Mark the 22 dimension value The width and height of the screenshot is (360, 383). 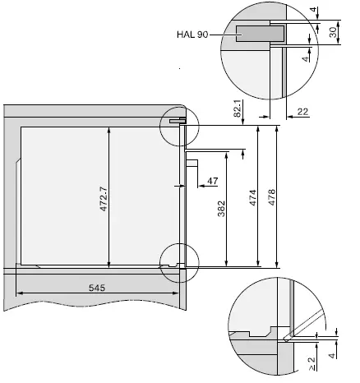coord(302,112)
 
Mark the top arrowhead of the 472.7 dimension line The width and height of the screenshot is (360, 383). coord(109,129)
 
